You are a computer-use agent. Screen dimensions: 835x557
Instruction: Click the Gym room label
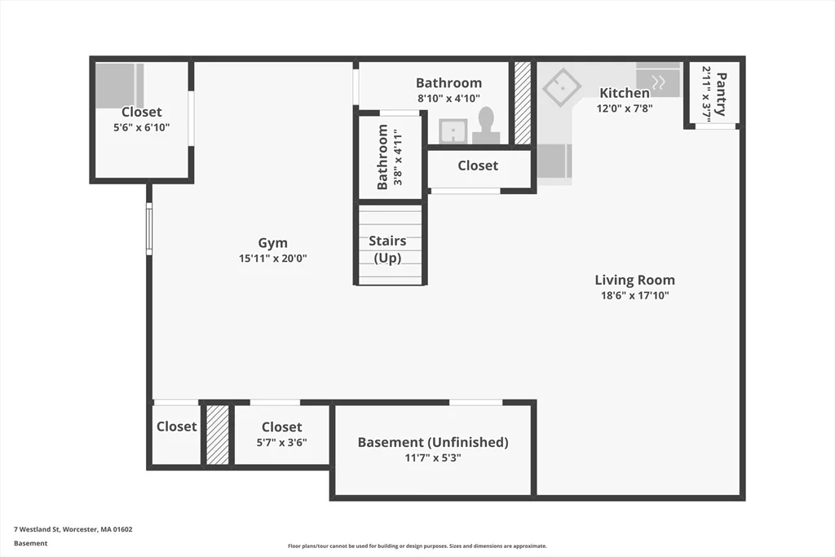[x=272, y=243]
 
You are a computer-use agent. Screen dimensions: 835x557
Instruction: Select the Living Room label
[x=634, y=280]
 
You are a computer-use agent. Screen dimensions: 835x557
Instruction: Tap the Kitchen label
[x=625, y=93]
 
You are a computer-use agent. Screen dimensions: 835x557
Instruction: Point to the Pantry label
[x=721, y=95]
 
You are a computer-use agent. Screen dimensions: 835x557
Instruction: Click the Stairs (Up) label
[x=387, y=250]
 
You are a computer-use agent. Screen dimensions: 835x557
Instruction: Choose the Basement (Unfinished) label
[x=433, y=442]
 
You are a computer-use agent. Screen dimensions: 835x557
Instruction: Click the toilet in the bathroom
[x=486, y=126]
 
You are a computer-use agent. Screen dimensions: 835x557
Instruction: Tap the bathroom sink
[x=453, y=131]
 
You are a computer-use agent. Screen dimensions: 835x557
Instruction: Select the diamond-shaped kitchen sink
[x=562, y=86]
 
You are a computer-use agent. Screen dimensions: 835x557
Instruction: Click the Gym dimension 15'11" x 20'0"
[x=272, y=259]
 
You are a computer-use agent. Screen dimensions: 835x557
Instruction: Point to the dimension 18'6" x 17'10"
[x=634, y=295]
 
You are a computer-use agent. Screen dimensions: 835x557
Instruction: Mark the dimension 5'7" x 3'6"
[x=281, y=443]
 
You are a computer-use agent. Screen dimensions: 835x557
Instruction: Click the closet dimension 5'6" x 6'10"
[x=142, y=128]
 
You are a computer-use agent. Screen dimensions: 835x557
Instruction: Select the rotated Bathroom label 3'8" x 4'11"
[x=389, y=157]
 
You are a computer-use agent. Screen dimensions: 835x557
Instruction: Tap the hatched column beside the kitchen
[x=523, y=103]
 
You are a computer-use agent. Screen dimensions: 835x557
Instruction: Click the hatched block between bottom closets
[x=217, y=435]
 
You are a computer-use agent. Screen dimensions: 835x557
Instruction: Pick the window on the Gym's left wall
[x=150, y=228]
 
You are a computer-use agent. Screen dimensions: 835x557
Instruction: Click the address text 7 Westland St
[x=37, y=529]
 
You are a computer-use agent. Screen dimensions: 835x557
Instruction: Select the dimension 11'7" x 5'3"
[x=433, y=458]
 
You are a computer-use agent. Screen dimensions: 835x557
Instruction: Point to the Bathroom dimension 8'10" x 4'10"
[x=449, y=99]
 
